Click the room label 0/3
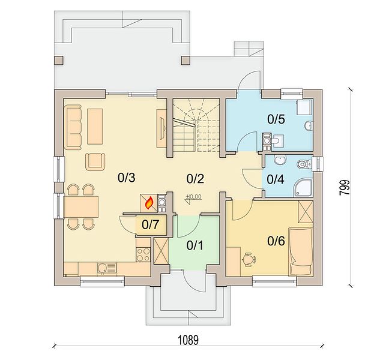127,178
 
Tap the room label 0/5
276,119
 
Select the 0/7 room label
151,224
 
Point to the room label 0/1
195,245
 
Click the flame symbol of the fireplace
149,203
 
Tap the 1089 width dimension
189,340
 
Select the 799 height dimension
345,187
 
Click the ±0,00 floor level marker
194,197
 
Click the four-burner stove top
143,254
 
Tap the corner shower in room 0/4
303,188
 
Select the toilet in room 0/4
304,164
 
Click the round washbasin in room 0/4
280,160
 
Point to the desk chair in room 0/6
249,259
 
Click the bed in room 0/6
301,251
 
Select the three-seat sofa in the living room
73,127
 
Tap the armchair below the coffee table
95,162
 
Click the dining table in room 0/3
80,207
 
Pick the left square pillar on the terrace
59,60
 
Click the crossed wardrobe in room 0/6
306,212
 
